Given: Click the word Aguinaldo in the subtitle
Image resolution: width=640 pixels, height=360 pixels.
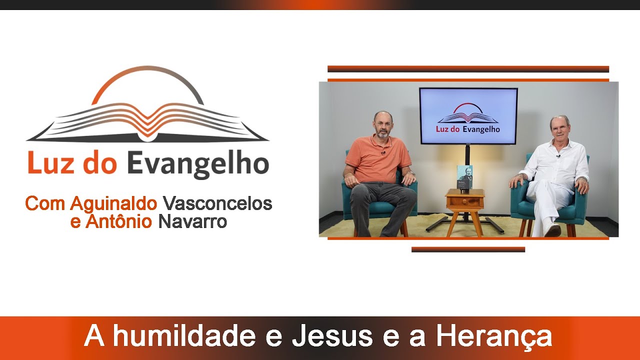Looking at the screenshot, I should (x=113, y=203).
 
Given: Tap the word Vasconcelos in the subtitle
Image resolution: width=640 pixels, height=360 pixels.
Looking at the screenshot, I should (x=217, y=203).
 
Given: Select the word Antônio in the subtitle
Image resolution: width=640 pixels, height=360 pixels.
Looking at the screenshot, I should (x=118, y=221).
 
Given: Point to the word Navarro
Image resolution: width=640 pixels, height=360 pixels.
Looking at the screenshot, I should (x=192, y=221).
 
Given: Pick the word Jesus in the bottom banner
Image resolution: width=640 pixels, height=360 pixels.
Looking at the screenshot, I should (x=332, y=336).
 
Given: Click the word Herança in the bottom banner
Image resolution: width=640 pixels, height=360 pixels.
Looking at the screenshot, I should (x=493, y=336).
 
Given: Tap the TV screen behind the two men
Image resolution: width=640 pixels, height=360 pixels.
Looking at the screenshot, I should (x=468, y=116).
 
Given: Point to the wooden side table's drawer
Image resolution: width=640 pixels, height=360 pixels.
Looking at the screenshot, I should (x=465, y=202).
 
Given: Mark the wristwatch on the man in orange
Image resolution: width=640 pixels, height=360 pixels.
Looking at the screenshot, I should (x=412, y=173).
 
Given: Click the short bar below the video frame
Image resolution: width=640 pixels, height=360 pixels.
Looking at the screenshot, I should (x=468, y=249).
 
